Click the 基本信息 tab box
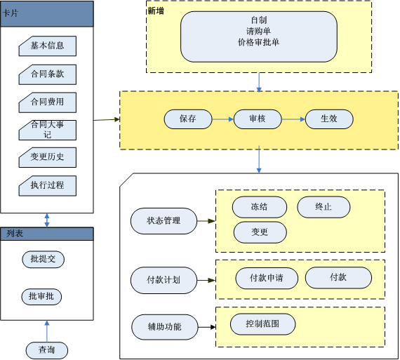tap(48, 46)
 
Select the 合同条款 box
tap(48, 74)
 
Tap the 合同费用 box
tap(48, 102)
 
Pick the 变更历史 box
tap(48, 157)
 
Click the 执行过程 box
tap(48, 186)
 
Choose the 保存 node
tap(188, 119)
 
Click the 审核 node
tap(258, 119)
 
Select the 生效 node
tap(329, 119)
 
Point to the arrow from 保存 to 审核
tap(222, 119)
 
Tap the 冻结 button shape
tap(260, 207)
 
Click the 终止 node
tap(324, 207)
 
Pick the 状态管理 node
tap(164, 221)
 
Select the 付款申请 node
tap(267, 278)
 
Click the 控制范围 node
tap(262, 324)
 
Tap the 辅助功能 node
tap(165, 327)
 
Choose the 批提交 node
tap(43, 260)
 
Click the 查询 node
tap(47, 350)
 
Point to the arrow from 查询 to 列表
tap(47, 331)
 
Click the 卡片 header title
tap(11, 13)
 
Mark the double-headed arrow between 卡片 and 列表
tap(47, 220)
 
